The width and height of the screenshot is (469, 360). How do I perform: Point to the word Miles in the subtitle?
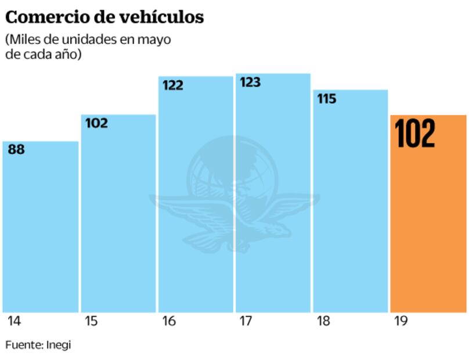(24, 41)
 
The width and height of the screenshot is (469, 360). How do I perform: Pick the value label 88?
(16, 149)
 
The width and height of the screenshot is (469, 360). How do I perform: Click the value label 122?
(172, 85)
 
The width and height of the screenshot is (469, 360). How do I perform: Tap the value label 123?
(250, 82)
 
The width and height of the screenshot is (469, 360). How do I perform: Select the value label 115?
(327, 99)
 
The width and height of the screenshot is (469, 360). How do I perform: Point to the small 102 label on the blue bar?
(96, 123)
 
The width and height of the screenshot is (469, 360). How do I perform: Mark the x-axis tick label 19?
(400, 321)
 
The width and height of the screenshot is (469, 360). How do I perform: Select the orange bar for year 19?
(428, 232)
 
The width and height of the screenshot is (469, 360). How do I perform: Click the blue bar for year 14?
(40, 232)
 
